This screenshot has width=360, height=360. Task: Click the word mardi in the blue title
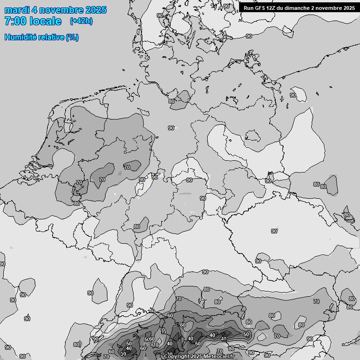pyautogui.click(x=17, y=10)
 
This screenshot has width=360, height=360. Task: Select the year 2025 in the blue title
pyautogui.click(x=94, y=10)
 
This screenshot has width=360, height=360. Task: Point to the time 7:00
pyautogui.click(x=14, y=21)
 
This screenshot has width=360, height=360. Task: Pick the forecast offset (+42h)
pyautogui.click(x=81, y=21)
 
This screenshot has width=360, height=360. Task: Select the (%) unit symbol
pyautogui.click(x=72, y=37)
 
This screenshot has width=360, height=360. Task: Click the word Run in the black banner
pyautogui.click(x=248, y=8)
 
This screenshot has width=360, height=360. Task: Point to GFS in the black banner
pyautogui.click(x=260, y=8)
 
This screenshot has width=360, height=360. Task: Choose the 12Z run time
pyautogui.click(x=272, y=8)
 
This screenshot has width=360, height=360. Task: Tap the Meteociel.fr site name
pyautogui.click(x=222, y=356)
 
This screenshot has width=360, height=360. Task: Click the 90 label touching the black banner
pyautogui.click(x=227, y=6)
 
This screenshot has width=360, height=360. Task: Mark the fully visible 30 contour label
pyautogui.click(x=123, y=354)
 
